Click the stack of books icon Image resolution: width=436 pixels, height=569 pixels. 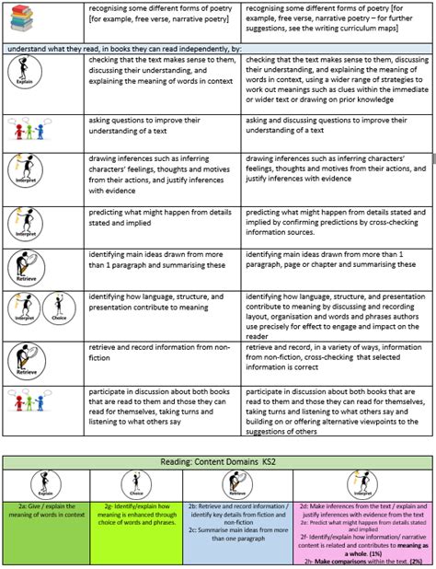click(x=23, y=18)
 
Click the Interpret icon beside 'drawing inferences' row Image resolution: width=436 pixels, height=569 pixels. click(x=21, y=171)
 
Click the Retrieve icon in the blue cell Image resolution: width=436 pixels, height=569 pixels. click(x=236, y=484)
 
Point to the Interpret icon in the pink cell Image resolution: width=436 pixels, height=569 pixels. click(x=362, y=484)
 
